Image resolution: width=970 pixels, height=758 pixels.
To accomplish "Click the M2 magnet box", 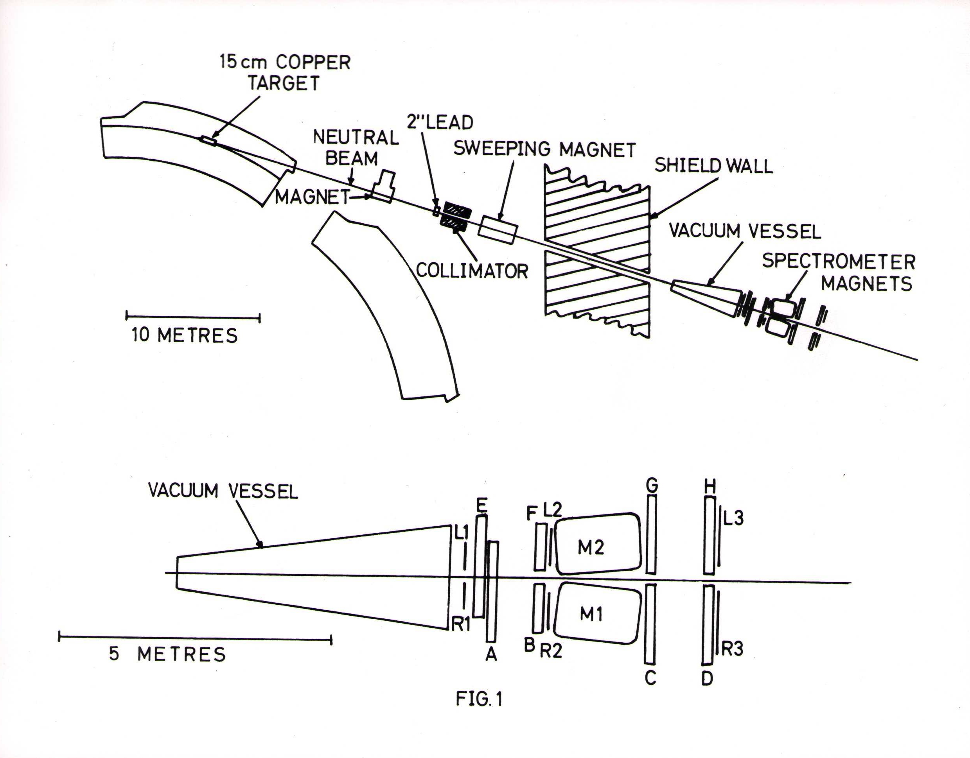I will (598, 543).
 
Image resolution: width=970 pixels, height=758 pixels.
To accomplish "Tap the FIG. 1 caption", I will (479, 699).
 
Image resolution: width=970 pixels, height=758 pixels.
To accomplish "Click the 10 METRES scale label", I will (184, 335).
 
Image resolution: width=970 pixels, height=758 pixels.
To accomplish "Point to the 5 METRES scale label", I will (167, 654).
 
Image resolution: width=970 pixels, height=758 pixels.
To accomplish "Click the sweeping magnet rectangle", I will (498, 230).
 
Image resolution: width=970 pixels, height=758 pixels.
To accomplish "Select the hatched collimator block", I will (453, 217).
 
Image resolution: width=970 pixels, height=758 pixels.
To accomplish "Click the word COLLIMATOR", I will (472, 270).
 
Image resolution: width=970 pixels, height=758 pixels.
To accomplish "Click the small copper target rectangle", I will (208, 141).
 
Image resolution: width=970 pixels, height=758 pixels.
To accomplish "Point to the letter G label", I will (652, 486).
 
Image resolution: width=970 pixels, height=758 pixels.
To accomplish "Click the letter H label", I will (710, 487).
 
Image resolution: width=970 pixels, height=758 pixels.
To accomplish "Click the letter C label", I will (650, 678).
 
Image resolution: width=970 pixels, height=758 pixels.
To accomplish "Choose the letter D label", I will (707, 678).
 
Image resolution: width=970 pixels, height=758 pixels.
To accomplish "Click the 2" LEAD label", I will (440, 122).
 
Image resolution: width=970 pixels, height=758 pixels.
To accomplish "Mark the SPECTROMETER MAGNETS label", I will (839, 272).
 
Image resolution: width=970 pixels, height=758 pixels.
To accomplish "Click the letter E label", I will (481, 505).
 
